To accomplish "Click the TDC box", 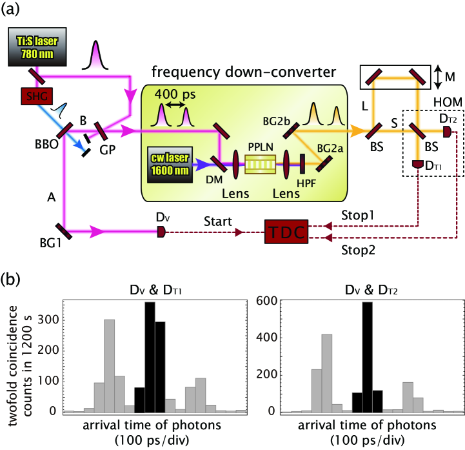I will point(288,231).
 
